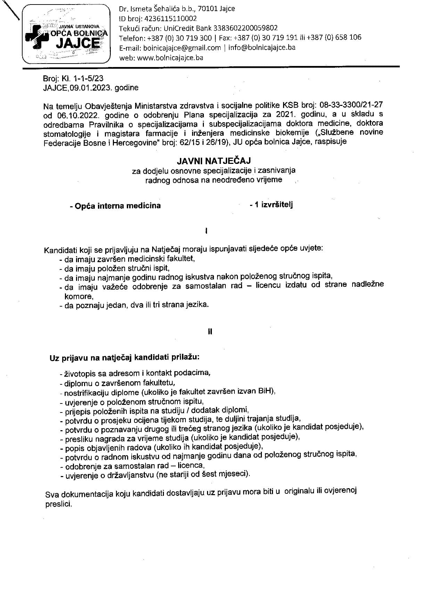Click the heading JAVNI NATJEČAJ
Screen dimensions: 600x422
click(x=214, y=161)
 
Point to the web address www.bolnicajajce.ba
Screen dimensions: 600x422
click(x=170, y=58)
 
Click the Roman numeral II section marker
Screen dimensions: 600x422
click(x=210, y=332)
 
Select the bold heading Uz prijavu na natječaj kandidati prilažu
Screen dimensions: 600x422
click(x=124, y=357)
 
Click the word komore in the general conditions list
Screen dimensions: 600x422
click(x=78, y=296)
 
